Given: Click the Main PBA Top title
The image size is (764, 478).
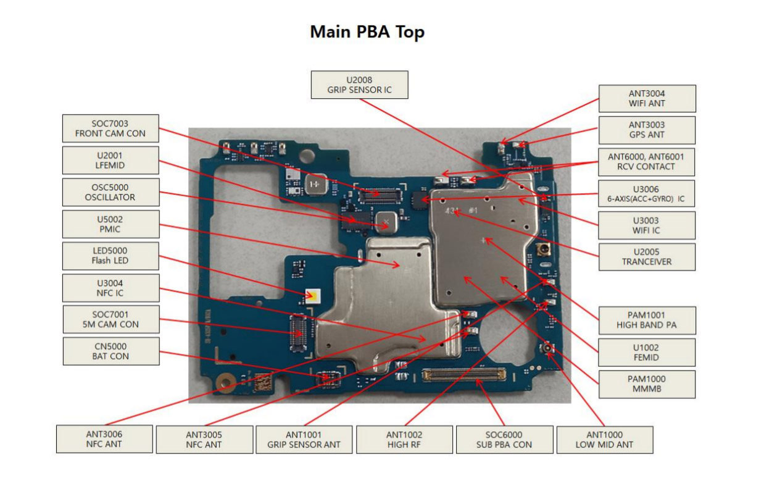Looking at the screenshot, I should coord(367,32).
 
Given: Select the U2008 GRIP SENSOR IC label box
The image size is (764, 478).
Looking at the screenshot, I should coord(359,85).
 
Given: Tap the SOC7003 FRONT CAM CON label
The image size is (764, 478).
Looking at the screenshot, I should coord(110,128).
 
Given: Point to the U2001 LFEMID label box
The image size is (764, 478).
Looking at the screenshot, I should coord(110,161).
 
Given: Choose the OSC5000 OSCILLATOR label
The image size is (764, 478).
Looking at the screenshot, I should coord(110,192).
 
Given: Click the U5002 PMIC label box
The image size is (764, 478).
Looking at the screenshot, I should coord(110,224).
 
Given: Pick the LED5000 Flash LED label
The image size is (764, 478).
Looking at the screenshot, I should coord(110,256).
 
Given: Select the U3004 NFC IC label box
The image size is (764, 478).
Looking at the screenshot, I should coord(110,288).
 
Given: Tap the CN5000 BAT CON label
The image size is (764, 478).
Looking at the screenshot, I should coord(110,351).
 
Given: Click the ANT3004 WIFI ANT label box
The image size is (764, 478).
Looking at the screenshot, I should coord(647,99).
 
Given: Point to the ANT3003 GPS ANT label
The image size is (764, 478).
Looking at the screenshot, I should coord(647,130).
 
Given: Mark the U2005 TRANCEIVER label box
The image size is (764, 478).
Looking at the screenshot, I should coord(647,257).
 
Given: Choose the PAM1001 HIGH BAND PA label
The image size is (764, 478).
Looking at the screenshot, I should coord(647,320).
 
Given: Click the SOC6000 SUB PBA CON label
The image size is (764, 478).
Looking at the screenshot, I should coord(504,440).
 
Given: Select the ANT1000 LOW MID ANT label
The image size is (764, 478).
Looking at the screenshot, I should coord(604,440).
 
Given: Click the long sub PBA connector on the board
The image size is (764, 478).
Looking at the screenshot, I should coord(464,374).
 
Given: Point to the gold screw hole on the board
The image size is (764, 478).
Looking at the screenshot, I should coord(225,383).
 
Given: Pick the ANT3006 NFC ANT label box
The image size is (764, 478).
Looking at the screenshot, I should coord(104,439).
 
